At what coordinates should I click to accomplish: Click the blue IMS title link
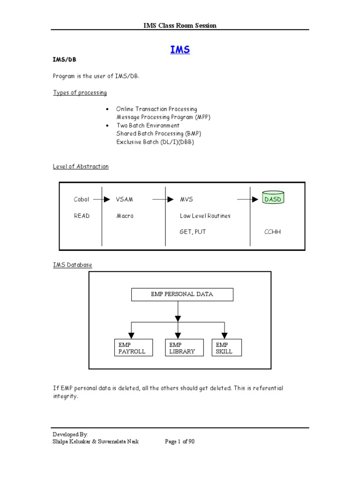point(180,50)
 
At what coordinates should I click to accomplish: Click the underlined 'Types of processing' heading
point(80,93)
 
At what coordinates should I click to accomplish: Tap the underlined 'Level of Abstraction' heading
point(81,166)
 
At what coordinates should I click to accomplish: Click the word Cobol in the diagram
point(82,200)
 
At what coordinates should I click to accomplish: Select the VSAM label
point(125,200)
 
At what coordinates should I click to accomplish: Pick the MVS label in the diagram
point(187,200)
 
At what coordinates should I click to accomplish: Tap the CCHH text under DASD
point(272,232)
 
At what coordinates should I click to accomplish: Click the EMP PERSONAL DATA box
point(182,294)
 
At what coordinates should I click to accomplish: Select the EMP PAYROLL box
point(133,347)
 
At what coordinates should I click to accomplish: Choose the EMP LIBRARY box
point(184,347)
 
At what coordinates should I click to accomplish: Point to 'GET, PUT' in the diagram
point(193,232)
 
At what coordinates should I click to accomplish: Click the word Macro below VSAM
point(125,216)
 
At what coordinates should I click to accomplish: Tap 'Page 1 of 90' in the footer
point(180,441)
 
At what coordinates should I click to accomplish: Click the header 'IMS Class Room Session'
point(180,25)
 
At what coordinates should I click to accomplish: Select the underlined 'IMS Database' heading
point(73,265)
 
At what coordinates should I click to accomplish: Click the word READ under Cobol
point(82,216)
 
